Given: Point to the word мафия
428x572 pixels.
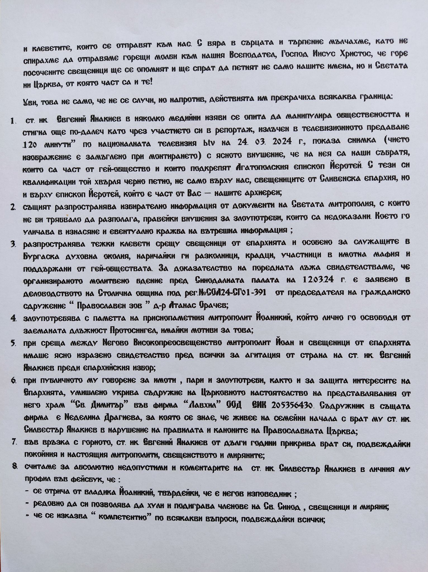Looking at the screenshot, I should pos(387,254).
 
